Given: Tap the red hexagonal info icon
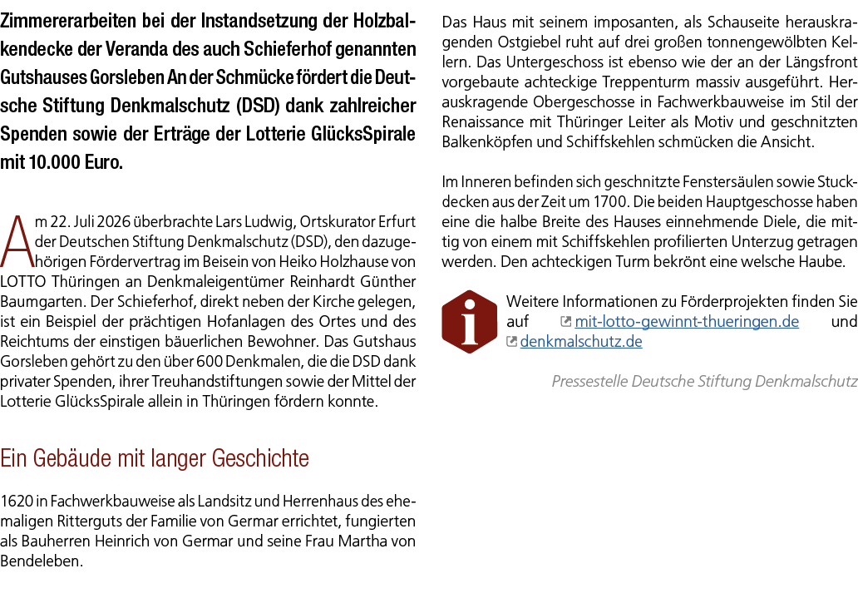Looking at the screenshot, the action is coord(470,322).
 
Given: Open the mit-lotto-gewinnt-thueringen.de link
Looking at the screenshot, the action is coord(687,321).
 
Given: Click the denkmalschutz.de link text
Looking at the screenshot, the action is coord(581,342).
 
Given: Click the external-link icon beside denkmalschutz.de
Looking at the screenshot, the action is coord(511,342).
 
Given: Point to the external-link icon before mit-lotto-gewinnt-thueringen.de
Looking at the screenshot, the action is coord(566,322).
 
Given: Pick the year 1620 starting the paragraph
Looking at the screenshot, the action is coord(17,502).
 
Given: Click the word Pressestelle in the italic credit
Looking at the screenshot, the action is coord(589,382).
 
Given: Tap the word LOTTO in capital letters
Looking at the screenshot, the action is coord(22,282).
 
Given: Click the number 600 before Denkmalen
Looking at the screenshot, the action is coord(209,361).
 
